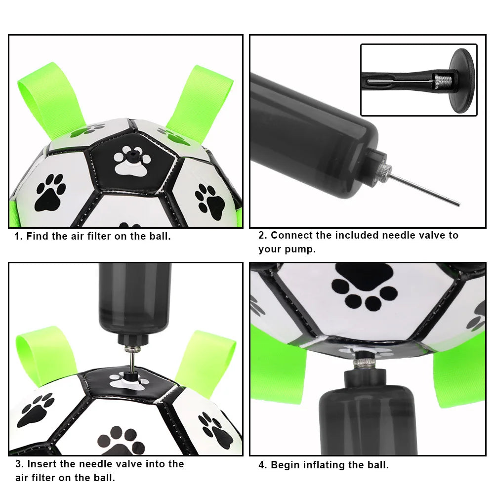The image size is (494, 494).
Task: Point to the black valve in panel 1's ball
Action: pos(132,156)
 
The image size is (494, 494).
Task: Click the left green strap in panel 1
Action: pos(49,96)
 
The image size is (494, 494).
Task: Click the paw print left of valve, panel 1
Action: pos(49,193)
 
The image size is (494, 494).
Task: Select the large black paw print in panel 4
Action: pos(365,287)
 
